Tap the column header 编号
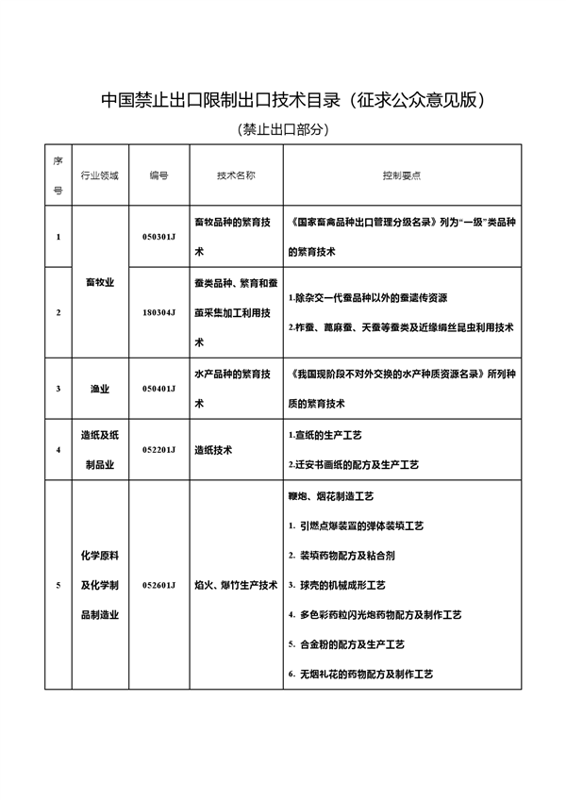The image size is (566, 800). coord(158,175)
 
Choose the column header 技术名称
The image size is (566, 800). coord(236,175)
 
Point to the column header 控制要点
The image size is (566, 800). coord(402,175)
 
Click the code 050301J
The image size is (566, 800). coord(158,236)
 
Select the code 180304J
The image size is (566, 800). coord(158,311)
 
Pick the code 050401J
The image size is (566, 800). coord(158,388)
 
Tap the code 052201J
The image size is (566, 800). coord(158,449)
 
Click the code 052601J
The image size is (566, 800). coord(158,585)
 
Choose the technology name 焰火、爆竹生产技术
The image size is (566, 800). coord(235,585)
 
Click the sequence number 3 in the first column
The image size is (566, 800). coord(58,388)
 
